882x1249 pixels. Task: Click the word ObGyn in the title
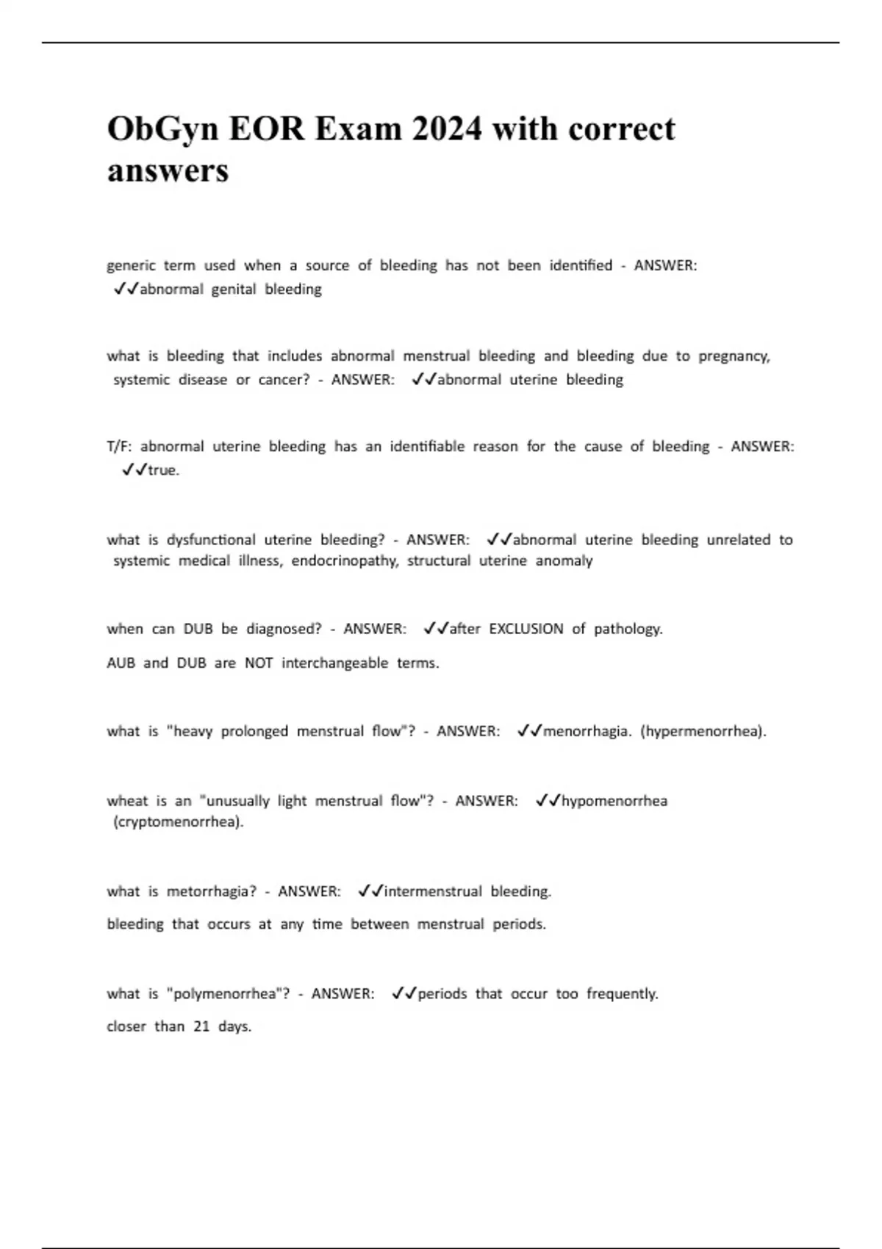pos(162,130)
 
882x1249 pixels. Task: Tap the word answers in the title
pos(168,171)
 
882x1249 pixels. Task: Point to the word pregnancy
pos(734,357)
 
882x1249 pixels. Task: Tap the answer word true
pos(163,470)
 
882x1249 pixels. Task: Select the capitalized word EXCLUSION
pos(526,629)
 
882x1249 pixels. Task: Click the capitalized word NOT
pos(259,663)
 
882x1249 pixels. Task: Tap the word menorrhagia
pos(587,732)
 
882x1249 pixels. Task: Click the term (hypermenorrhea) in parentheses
pos(703,732)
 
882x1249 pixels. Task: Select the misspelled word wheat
pos(127,801)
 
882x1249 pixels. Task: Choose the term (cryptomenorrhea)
pos(178,822)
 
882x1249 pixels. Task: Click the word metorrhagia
pos(212,892)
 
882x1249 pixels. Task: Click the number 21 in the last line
pos(201,1027)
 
